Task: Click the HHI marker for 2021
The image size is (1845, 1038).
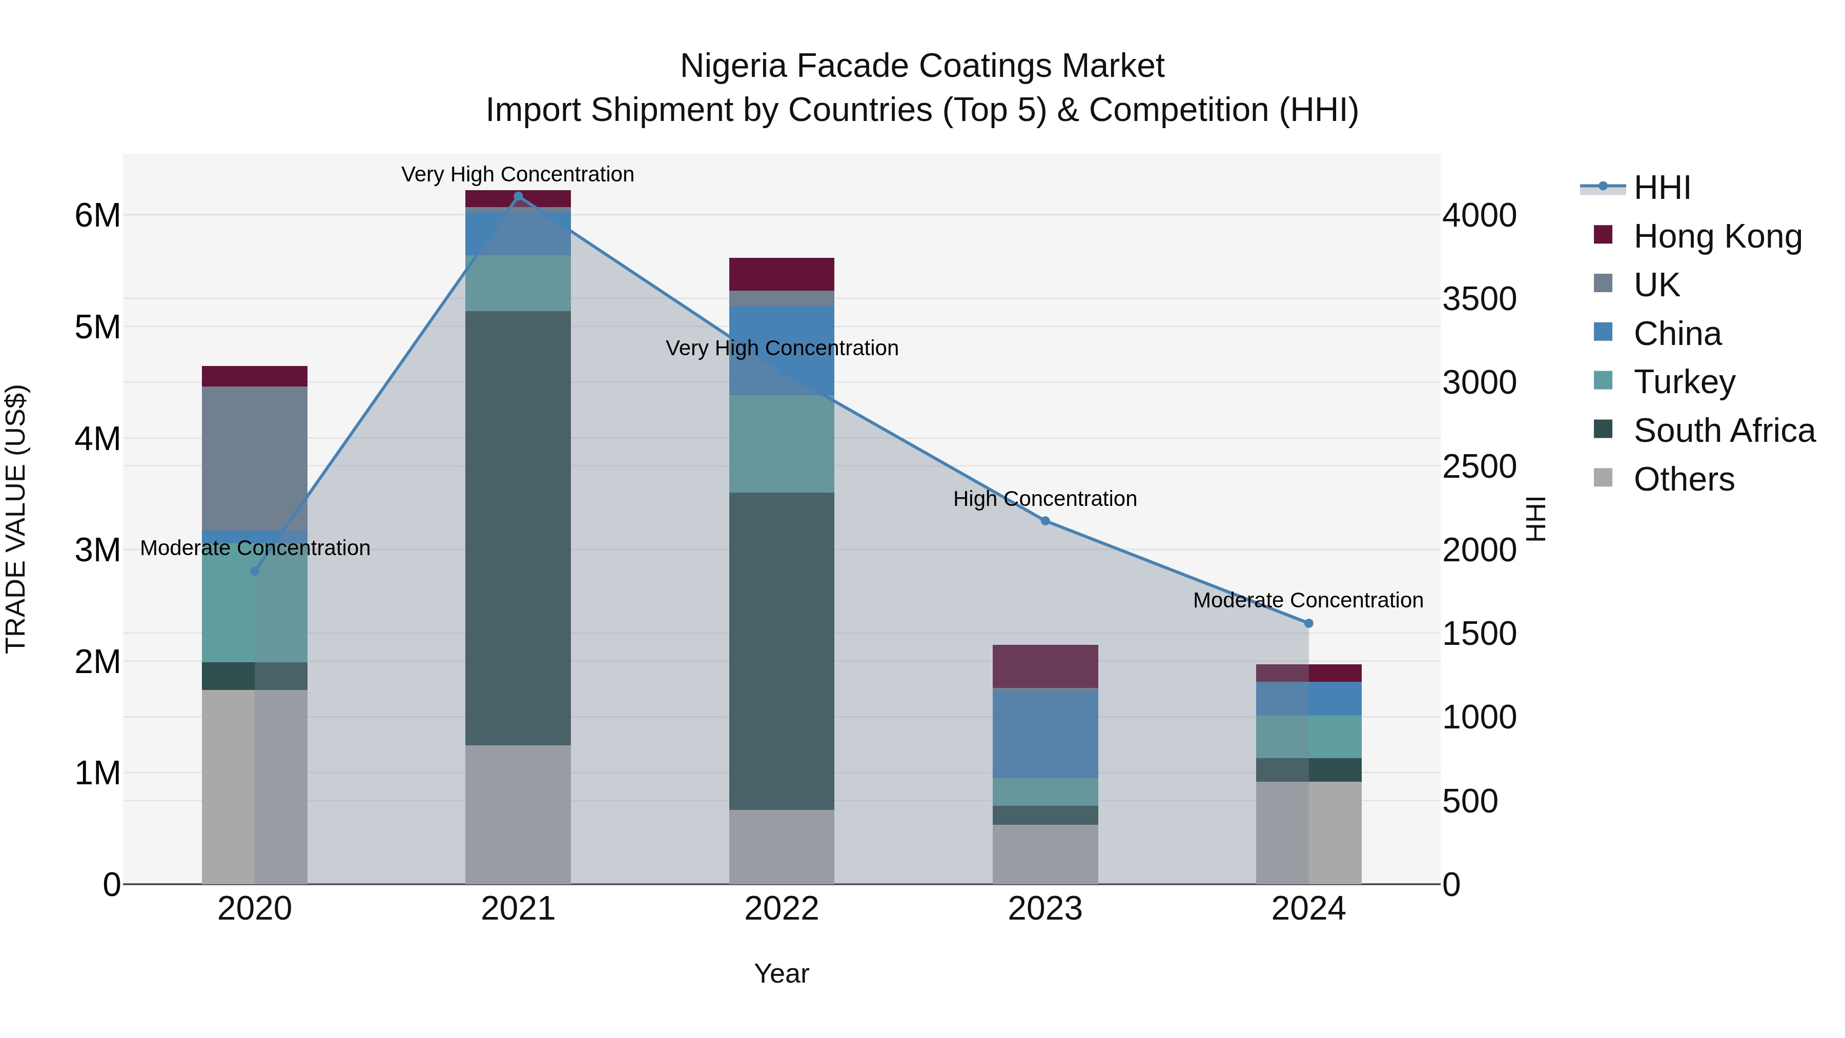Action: (x=518, y=196)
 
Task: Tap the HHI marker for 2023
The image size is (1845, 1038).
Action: (x=1045, y=521)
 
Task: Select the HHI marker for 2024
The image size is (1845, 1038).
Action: (x=1308, y=623)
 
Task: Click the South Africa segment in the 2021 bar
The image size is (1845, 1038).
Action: (x=518, y=528)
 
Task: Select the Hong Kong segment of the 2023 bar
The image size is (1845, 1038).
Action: (x=1045, y=666)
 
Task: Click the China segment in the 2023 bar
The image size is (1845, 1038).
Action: (x=1045, y=733)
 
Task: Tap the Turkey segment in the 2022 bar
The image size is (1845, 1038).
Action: (x=782, y=443)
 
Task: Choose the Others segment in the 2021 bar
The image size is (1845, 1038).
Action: (x=518, y=815)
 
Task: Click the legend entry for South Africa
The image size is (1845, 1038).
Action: (x=1723, y=431)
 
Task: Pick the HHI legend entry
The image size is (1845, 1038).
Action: (x=1662, y=188)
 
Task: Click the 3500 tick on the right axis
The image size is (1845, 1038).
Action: (x=1479, y=299)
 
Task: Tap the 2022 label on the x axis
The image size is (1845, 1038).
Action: (x=782, y=909)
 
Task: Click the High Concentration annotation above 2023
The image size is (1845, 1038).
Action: (x=1045, y=499)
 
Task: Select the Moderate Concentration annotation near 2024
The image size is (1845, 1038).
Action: (x=1308, y=600)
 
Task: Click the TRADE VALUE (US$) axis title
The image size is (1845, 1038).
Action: (x=16, y=519)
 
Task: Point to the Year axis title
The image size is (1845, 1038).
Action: (x=782, y=973)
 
